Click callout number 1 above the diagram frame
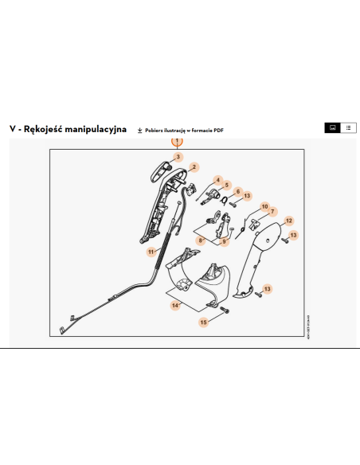pyautogui.click(x=178, y=142)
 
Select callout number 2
pyautogui.click(x=194, y=167)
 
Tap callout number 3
pyautogui.click(x=178, y=157)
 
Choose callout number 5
pyautogui.click(x=227, y=186)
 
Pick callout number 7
pyautogui.click(x=271, y=212)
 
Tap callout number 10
pyautogui.click(x=264, y=207)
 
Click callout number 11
pyautogui.click(x=150, y=252)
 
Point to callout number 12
pyautogui.click(x=289, y=221)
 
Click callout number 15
pyautogui.click(x=203, y=322)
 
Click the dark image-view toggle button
pyautogui.click(x=332, y=127)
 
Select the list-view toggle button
pyautogui.click(x=348, y=127)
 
